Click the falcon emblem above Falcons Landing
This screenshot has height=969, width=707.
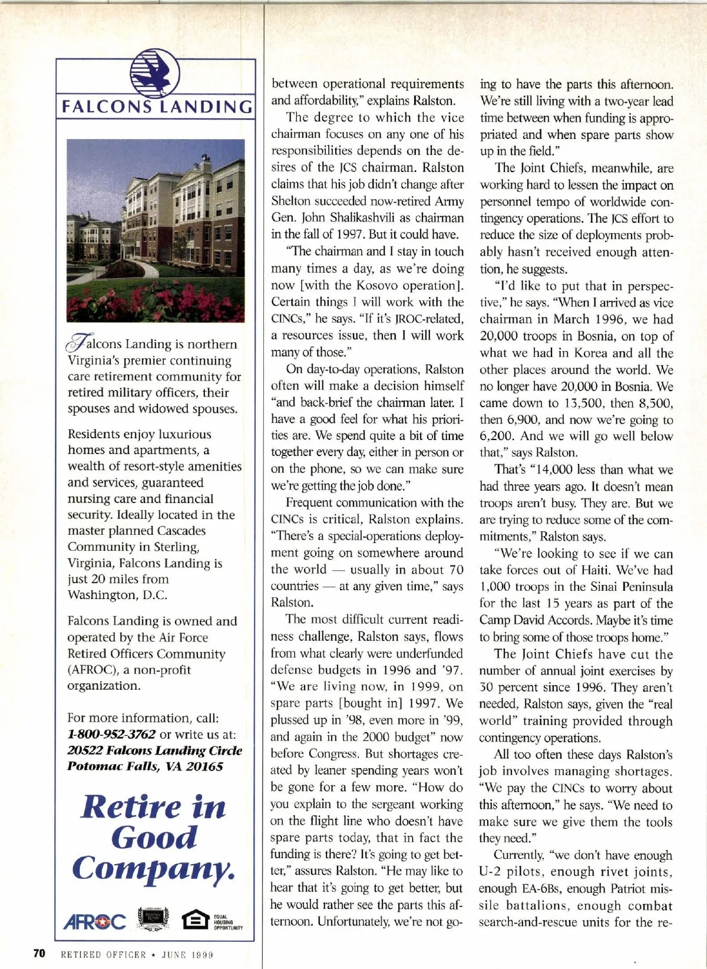[x=154, y=74]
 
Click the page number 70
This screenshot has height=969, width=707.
[x=39, y=953]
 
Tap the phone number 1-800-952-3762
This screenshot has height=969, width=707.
[x=111, y=735]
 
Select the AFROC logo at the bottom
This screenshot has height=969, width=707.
[x=95, y=921]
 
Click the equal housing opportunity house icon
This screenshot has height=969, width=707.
[x=195, y=920]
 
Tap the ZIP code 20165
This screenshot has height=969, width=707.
[x=203, y=767]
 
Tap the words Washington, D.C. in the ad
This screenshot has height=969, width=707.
[x=117, y=595]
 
